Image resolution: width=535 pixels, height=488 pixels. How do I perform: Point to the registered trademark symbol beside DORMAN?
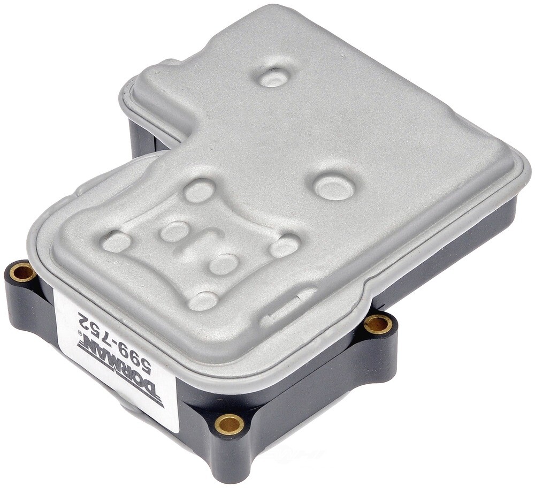(x=80, y=333)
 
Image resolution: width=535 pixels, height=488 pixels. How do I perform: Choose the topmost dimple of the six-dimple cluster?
(x=199, y=190)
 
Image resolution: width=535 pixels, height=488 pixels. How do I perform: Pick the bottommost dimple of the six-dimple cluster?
(x=203, y=301)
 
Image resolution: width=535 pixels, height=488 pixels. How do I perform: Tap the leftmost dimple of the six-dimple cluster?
(x=117, y=242)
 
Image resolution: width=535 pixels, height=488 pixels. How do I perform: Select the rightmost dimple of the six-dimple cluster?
(x=284, y=246)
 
